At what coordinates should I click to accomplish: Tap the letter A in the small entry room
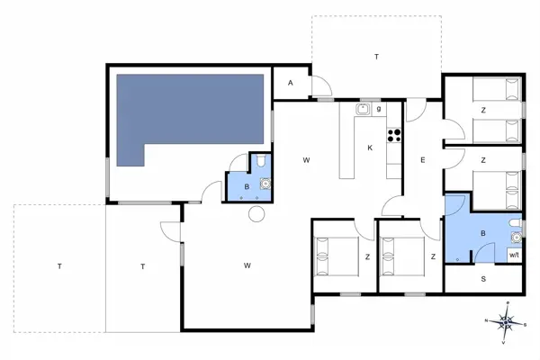pos(290,83)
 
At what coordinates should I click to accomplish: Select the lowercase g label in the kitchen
pos(379,109)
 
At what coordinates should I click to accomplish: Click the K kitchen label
pos(370,148)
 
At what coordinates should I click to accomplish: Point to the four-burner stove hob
pos(393,136)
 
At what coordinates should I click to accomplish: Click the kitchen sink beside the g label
pos(362,110)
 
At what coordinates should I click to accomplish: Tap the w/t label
pos(514,256)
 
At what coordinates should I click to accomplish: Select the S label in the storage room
pos(483,279)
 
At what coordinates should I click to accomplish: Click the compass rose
pos(506,321)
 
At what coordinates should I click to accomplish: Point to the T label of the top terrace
pos(376,57)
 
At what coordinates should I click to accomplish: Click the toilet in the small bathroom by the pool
pos(258,163)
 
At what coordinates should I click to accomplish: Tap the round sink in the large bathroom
pos(516,238)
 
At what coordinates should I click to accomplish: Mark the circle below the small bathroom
pos(256,214)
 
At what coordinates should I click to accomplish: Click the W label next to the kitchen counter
pos(306,160)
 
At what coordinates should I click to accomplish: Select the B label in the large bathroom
pos(483,234)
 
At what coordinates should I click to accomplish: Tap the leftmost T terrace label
pos(59,266)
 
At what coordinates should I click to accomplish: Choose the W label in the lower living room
pos(246,265)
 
